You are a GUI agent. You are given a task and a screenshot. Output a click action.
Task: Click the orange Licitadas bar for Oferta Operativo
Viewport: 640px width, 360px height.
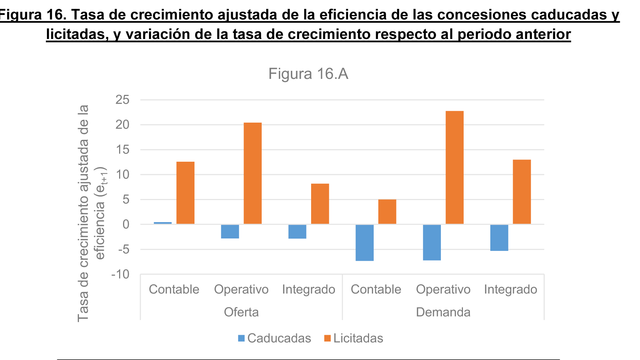252,173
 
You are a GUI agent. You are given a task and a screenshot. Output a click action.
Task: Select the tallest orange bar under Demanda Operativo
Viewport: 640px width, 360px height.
454,167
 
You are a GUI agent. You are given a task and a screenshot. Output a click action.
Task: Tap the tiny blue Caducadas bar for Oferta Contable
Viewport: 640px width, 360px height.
162,223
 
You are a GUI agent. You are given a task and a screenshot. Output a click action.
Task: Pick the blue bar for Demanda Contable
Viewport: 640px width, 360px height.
364,243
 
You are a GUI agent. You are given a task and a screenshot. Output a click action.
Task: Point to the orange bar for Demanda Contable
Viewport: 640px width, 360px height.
387,211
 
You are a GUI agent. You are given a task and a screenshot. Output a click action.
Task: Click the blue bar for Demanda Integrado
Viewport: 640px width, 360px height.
499,238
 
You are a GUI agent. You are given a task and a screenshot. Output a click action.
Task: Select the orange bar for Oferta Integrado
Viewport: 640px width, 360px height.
320,204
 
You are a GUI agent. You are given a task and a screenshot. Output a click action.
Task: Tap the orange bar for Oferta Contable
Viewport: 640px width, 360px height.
185,193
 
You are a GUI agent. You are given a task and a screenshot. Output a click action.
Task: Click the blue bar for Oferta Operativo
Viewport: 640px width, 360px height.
230,231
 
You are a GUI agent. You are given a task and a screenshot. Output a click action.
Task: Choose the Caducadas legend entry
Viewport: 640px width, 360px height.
274,338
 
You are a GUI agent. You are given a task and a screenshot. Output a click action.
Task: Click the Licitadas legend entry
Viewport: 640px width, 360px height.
354,338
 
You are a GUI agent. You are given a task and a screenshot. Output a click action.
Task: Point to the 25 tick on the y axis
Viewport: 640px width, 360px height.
122,100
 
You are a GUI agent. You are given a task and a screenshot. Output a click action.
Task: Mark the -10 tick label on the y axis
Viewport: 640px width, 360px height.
120,274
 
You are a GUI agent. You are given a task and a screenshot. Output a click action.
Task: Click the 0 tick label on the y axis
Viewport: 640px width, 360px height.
126,224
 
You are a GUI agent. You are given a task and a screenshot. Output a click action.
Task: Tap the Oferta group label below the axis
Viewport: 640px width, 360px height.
241,312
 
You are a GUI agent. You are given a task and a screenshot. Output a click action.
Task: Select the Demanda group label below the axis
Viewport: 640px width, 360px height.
443,312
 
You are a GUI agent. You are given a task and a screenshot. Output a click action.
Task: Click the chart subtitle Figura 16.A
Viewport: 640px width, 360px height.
308,74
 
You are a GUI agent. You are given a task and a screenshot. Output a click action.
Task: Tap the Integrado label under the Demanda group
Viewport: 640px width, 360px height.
510,289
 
